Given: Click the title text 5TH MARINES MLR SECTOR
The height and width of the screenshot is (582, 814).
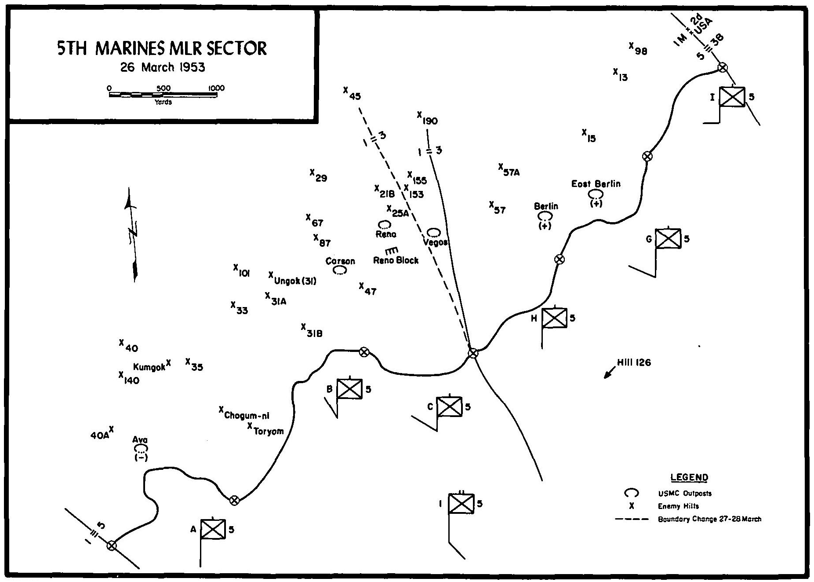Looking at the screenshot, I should pyautogui.click(x=162, y=48).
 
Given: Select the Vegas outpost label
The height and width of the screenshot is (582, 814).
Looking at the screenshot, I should pyautogui.click(x=436, y=242).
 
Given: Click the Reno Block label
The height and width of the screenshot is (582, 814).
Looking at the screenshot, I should pyautogui.click(x=396, y=260).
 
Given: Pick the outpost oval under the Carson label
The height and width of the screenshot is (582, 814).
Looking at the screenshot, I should pyautogui.click(x=339, y=271).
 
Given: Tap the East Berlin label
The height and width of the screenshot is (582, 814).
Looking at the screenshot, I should pyautogui.click(x=596, y=184).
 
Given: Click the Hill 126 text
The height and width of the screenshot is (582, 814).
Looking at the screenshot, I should pyautogui.click(x=633, y=363).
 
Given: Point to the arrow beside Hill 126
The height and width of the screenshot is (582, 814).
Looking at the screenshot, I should pyautogui.click(x=610, y=372).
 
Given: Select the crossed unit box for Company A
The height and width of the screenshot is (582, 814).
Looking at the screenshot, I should pyautogui.click(x=213, y=529).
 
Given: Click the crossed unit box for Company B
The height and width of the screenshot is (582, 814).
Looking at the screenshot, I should pyautogui.click(x=349, y=389).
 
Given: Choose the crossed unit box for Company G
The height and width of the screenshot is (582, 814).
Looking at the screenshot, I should pyautogui.click(x=668, y=239).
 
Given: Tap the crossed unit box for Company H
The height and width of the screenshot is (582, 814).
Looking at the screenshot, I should pyautogui.click(x=554, y=318).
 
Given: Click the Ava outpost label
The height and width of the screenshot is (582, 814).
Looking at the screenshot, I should pyautogui.click(x=140, y=440).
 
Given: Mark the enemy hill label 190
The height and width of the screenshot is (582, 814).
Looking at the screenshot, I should pyautogui.click(x=429, y=121).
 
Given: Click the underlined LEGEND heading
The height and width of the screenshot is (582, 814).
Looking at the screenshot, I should pyautogui.click(x=689, y=478).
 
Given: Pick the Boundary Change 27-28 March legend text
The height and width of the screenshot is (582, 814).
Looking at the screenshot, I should pyautogui.click(x=709, y=519).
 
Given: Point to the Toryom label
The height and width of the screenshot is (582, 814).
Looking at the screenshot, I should pyautogui.click(x=269, y=432).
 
